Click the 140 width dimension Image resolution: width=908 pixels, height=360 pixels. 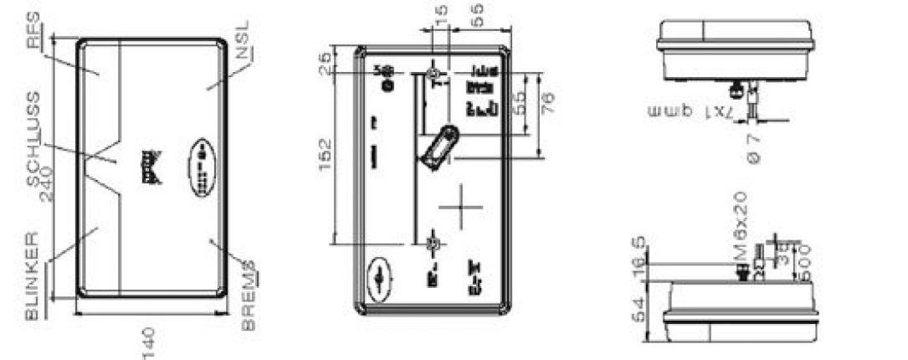[x=151, y=338]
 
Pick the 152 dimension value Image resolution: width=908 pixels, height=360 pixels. [x=326, y=150]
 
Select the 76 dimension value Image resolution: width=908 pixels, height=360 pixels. [x=549, y=107]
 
